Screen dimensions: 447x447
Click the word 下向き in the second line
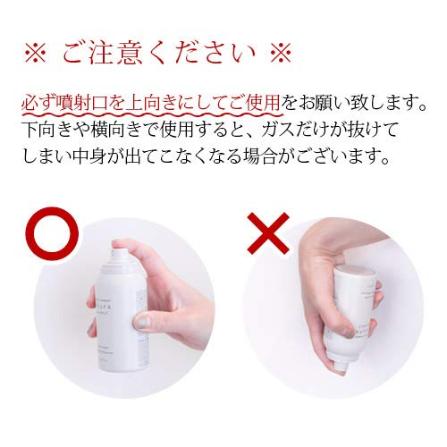click(x=45, y=130)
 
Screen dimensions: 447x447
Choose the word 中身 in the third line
click(x=125, y=158)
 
